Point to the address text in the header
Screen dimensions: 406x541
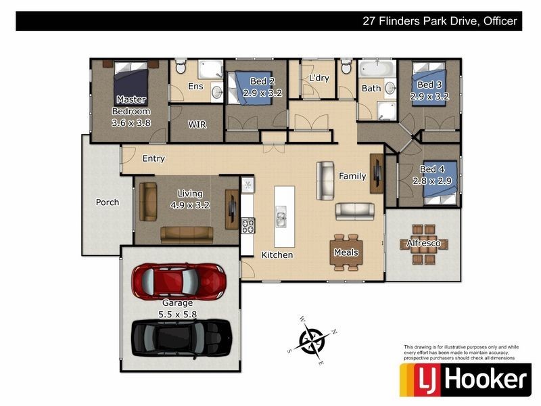pos(440,21)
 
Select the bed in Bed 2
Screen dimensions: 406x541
pos(249,85)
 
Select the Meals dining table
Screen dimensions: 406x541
pos(346,252)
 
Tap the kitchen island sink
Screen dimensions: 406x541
pos(280,219)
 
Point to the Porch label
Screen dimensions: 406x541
pos(107,202)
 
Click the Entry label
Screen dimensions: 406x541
pos(154,159)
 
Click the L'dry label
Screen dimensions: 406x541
pos(319,78)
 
